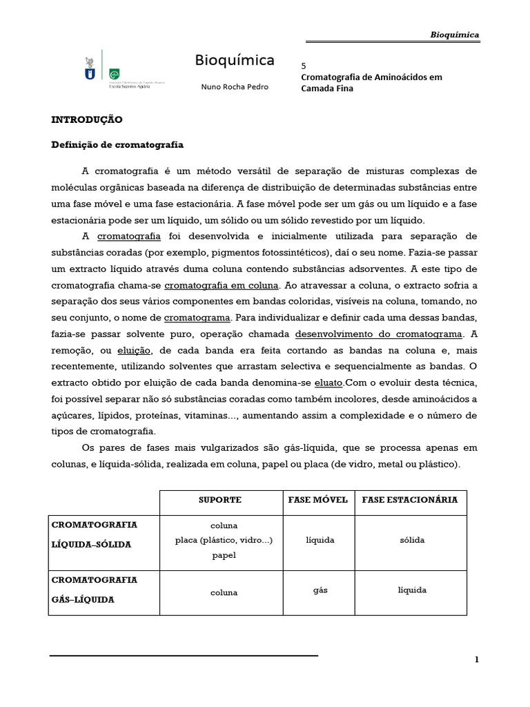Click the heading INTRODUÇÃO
point(87,119)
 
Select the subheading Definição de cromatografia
point(117,144)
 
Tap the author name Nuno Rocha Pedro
point(234,87)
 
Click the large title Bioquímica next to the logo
point(234,61)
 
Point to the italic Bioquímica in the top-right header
point(454,35)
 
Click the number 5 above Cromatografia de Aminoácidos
point(304,66)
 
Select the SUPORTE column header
point(220,500)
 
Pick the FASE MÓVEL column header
point(317,500)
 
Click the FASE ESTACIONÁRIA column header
point(410,500)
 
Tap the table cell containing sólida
point(412,540)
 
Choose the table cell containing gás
point(320,590)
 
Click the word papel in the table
point(224,555)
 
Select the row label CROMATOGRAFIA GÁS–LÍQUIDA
point(95,590)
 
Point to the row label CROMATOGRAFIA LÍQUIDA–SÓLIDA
point(95,534)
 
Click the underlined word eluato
point(328,382)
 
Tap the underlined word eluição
point(134,351)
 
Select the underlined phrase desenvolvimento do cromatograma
point(379,334)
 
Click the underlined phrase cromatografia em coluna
point(222,285)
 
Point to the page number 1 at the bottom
point(476,660)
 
